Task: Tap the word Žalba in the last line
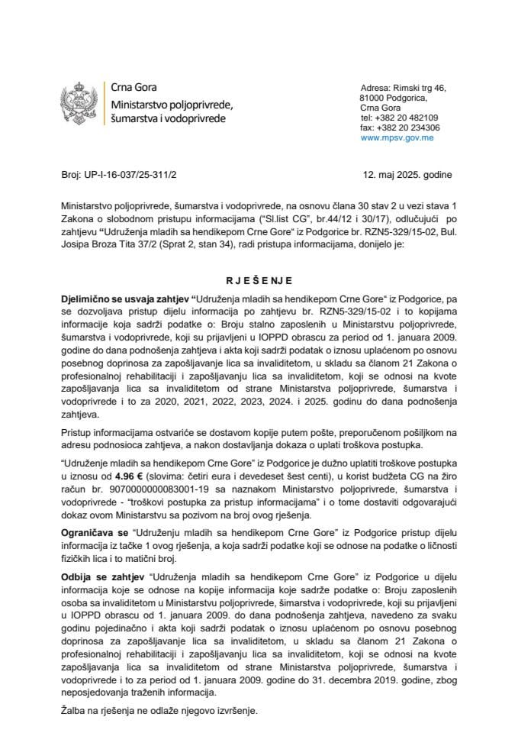click(75, 710)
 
